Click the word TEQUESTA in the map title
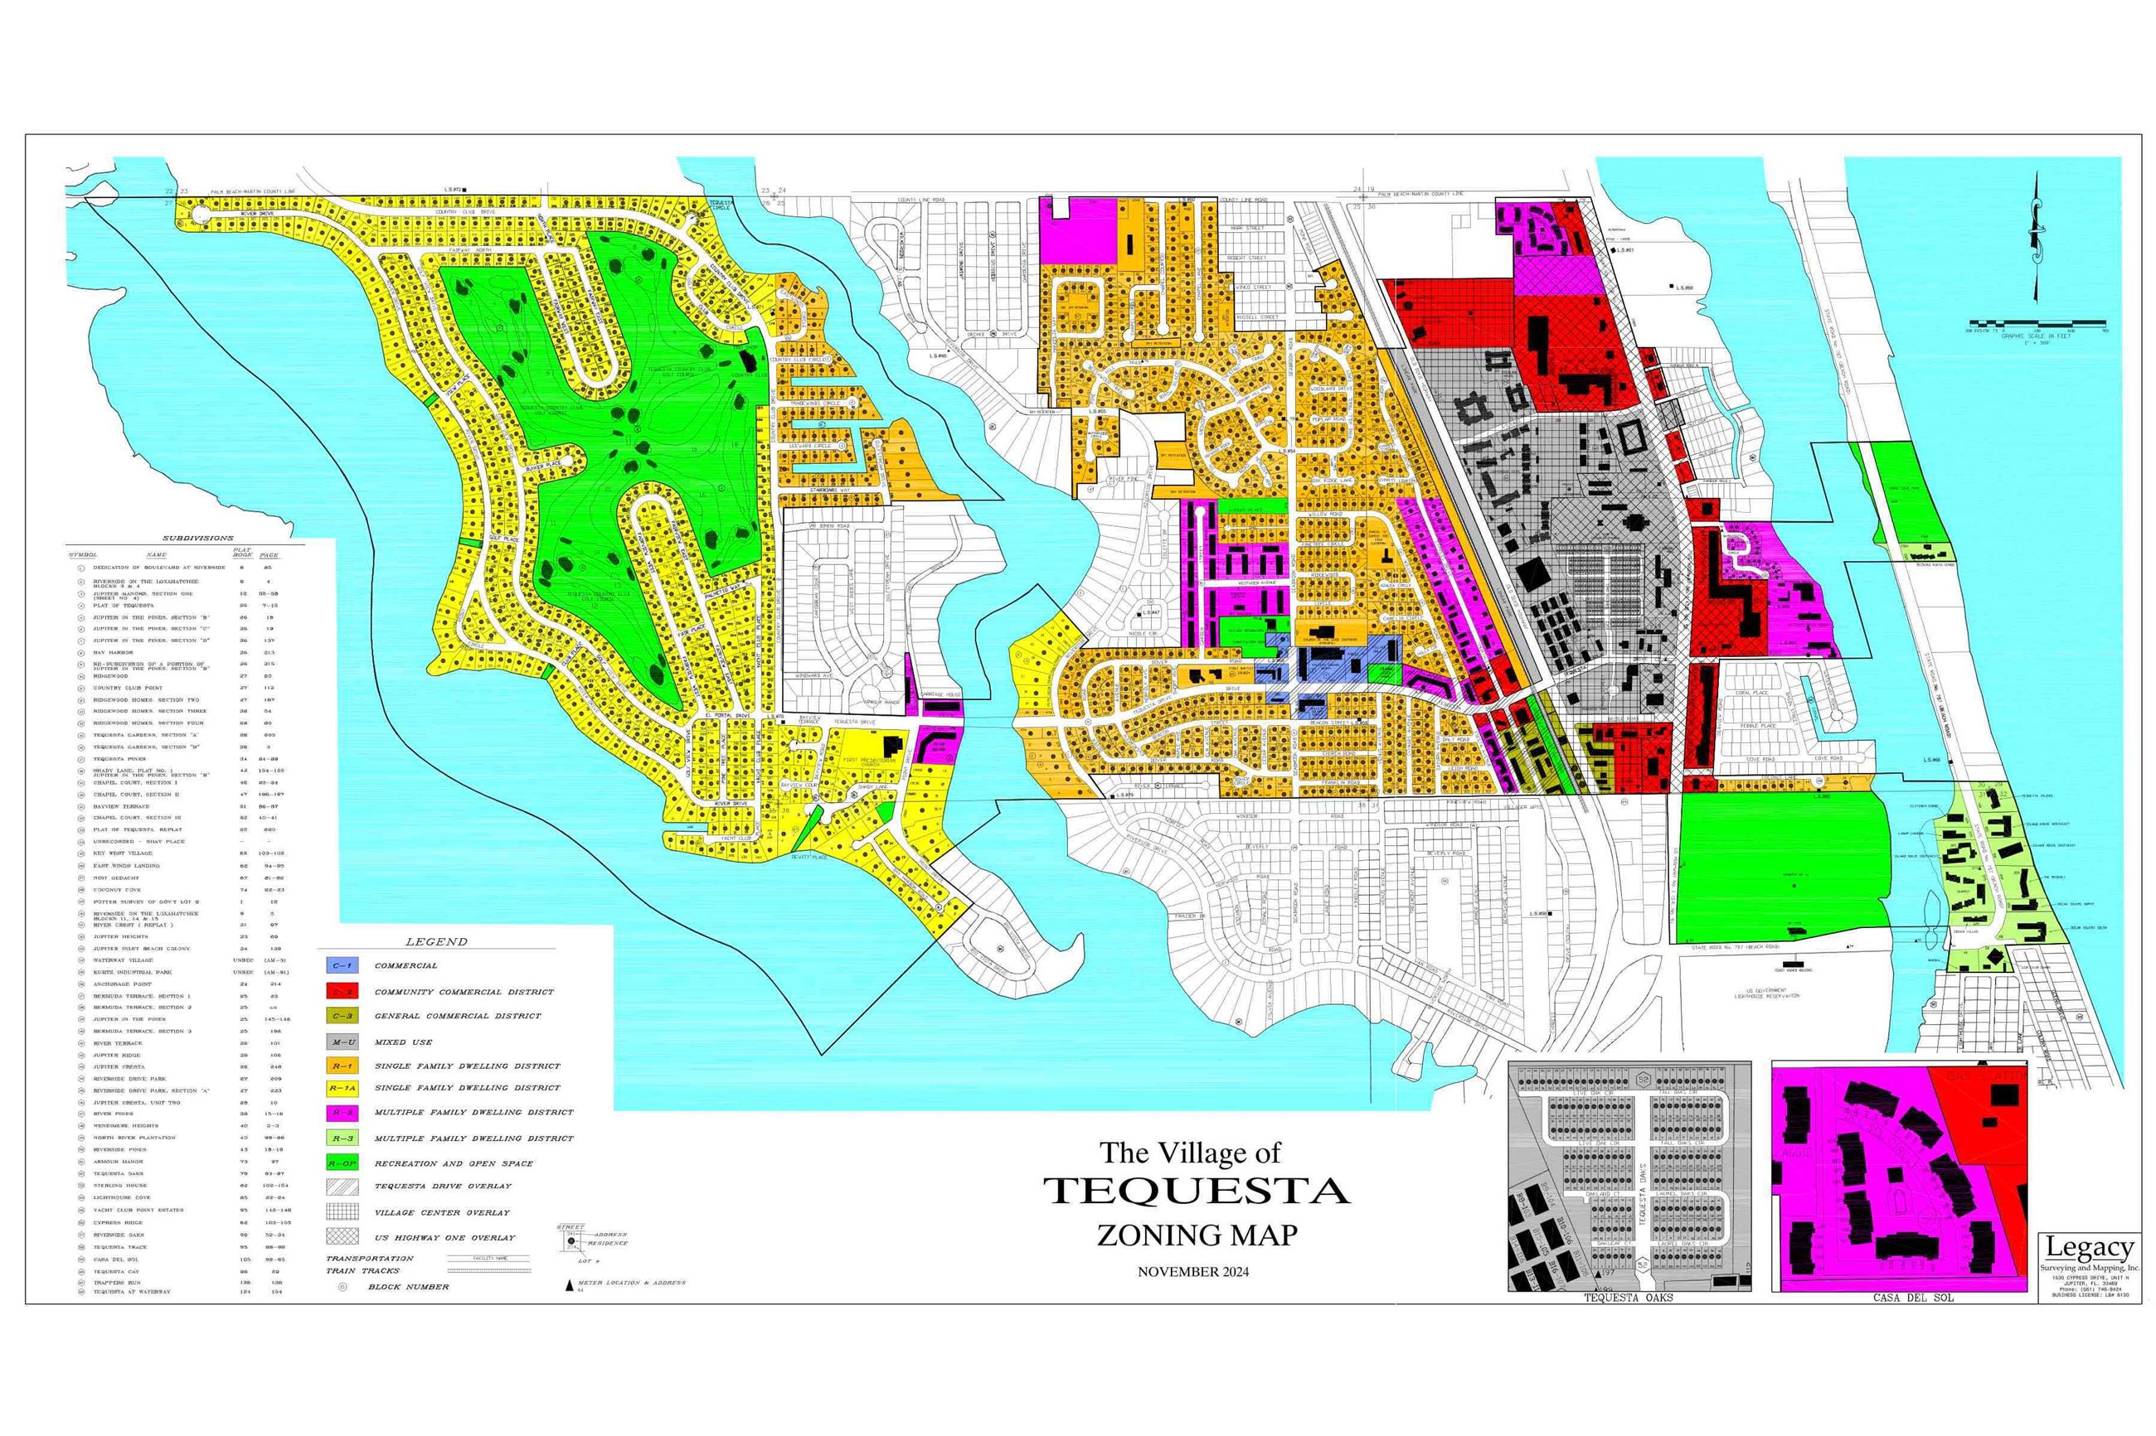[1197, 1191]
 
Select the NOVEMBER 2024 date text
[1192, 1271]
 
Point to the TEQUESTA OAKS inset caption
[1629, 1297]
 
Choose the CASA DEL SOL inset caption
[1899, 1297]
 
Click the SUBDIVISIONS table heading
[198, 539]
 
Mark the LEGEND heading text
[436, 941]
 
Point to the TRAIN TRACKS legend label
[363, 1270]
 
